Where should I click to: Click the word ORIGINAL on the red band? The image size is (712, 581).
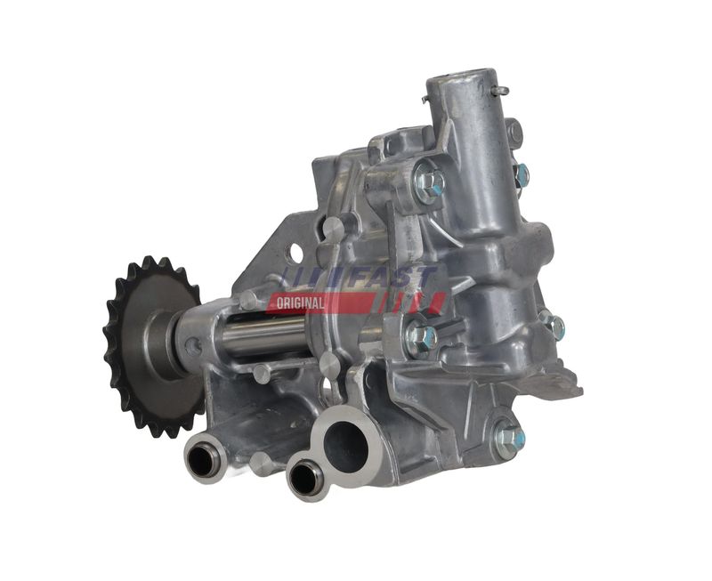pos(301,303)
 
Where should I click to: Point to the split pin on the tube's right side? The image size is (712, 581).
pos(500,90)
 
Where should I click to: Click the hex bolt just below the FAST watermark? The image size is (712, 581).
pos(420,337)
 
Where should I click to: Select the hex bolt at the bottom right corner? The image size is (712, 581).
pos(508,437)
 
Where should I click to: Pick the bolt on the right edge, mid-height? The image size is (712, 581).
pos(554,327)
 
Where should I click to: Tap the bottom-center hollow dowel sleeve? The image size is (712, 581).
pos(304,478)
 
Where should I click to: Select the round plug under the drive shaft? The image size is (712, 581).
pos(263,373)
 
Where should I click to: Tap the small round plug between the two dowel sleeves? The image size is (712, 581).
pos(261,463)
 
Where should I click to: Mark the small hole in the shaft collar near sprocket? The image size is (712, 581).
pos(193,346)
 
